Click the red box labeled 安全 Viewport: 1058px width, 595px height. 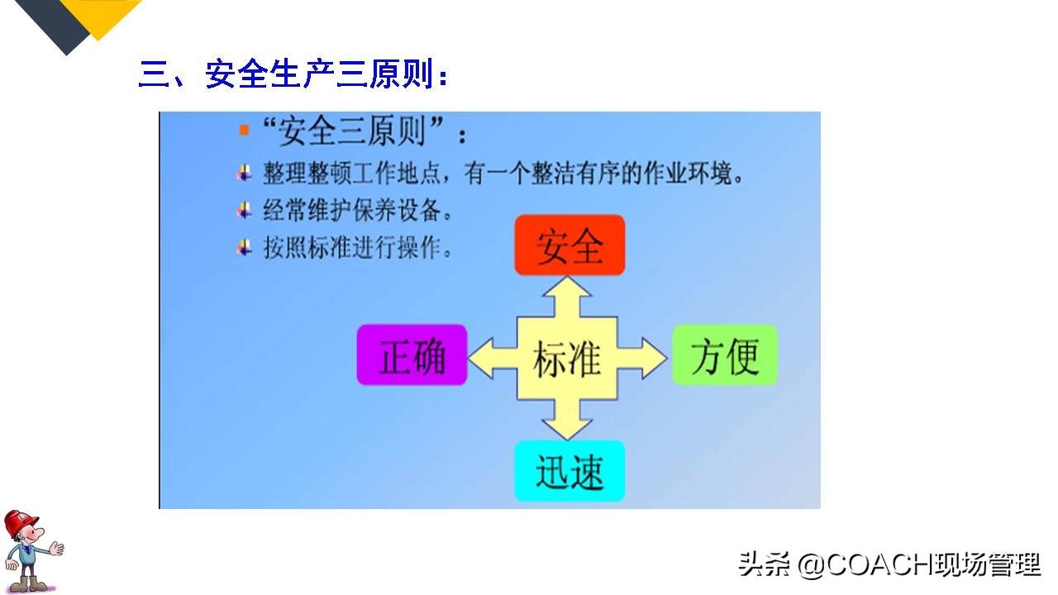pyautogui.click(x=570, y=245)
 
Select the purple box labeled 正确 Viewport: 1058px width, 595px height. pyautogui.click(x=412, y=355)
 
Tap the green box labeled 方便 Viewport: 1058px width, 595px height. pyautogui.click(x=724, y=355)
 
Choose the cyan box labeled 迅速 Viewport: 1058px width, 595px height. pyautogui.click(x=570, y=471)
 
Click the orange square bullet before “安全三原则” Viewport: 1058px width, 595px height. pyautogui.click(x=244, y=130)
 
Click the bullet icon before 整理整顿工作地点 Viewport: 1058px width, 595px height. pyautogui.click(x=244, y=173)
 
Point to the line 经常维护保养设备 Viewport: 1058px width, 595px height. pyautogui.click(x=358, y=211)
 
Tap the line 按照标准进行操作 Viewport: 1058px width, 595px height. pyautogui.click(x=358, y=248)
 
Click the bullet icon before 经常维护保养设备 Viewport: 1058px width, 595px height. pyautogui.click(x=244, y=210)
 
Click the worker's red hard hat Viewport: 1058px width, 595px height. pyautogui.click(x=20, y=523)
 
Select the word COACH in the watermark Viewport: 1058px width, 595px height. pyautogui.click(x=879, y=564)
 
